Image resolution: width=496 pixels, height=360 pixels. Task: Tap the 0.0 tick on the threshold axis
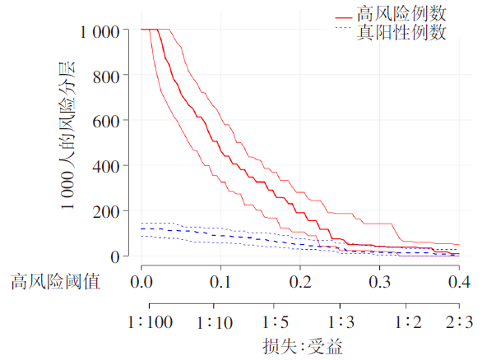click(141, 282)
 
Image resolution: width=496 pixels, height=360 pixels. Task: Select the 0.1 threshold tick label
click(220, 282)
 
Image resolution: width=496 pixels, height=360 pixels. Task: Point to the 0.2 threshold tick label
click(299, 282)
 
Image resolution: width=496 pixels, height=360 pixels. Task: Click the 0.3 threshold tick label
click(378, 282)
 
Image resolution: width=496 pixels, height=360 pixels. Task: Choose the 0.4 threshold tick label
click(457, 282)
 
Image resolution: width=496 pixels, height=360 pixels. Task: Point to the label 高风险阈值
click(55, 282)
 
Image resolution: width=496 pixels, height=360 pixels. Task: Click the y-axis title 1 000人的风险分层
click(68, 136)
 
